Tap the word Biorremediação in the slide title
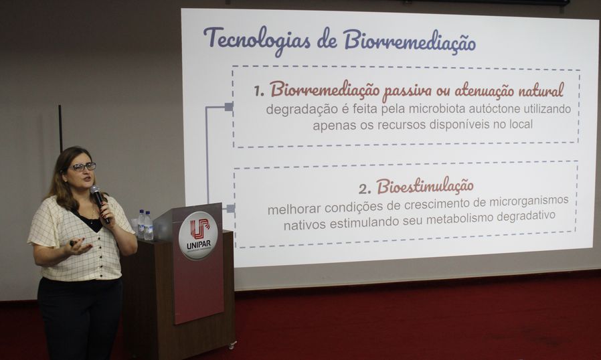pos(410,41)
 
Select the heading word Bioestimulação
pos(425,186)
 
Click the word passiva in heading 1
pos(408,90)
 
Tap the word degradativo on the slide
pos(525,217)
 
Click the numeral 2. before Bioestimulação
pos(365,189)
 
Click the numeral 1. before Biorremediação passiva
pos(259,91)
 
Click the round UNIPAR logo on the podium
pos(198,235)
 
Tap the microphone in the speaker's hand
pos(100,203)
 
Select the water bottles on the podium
pos(145,225)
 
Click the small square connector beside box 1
pos(229,106)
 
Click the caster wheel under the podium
pos(232,345)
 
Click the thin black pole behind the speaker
pos(60,128)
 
